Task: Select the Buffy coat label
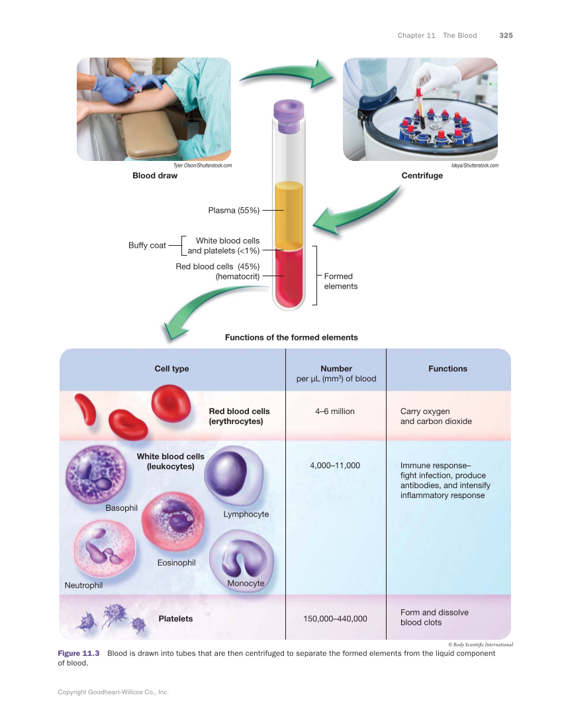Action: (147, 246)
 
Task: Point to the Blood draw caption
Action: (155, 176)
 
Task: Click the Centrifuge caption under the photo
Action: (422, 176)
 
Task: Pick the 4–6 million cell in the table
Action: (336, 411)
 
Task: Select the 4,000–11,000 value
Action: (335, 466)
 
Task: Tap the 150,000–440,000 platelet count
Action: (335, 619)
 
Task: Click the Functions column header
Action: (447, 369)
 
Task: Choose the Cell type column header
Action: (171, 369)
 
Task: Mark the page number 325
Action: (506, 35)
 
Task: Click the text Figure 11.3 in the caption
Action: (78, 654)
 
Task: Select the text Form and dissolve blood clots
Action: (434, 617)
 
